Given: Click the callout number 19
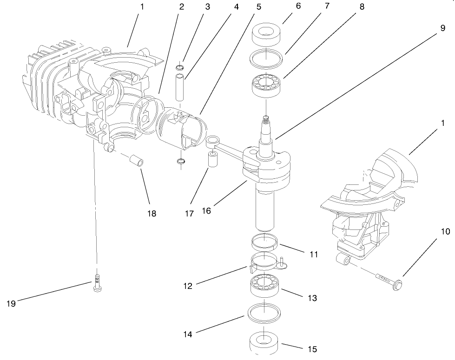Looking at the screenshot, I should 11,303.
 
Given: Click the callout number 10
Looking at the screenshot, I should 445,231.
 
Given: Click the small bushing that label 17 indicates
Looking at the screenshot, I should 213,160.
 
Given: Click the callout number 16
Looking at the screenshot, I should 206,210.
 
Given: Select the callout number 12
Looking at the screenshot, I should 188,286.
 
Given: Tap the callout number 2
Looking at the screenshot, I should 181,7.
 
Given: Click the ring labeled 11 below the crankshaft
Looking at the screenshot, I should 264,242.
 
